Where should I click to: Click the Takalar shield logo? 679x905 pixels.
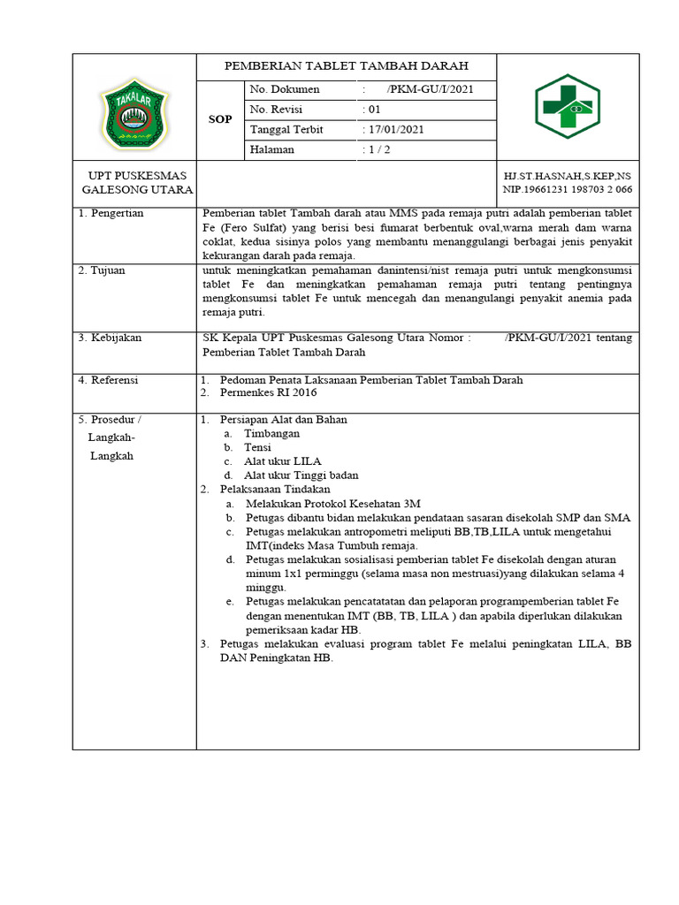tap(134, 110)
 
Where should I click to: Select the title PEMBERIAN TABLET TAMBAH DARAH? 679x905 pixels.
tap(346, 66)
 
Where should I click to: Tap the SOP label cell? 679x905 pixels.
tap(219, 119)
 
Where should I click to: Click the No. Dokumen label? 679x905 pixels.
tap(285, 90)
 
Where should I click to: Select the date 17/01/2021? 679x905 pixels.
tap(394, 130)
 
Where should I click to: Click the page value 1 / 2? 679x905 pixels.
tap(380, 150)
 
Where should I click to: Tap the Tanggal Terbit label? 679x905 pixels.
tap(286, 130)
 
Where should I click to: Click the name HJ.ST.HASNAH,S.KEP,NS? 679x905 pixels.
tap(567, 177)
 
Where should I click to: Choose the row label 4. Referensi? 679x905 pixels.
tap(110, 380)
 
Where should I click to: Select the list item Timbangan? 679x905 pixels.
tap(271, 434)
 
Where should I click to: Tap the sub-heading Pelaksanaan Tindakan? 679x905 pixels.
tap(275, 489)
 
